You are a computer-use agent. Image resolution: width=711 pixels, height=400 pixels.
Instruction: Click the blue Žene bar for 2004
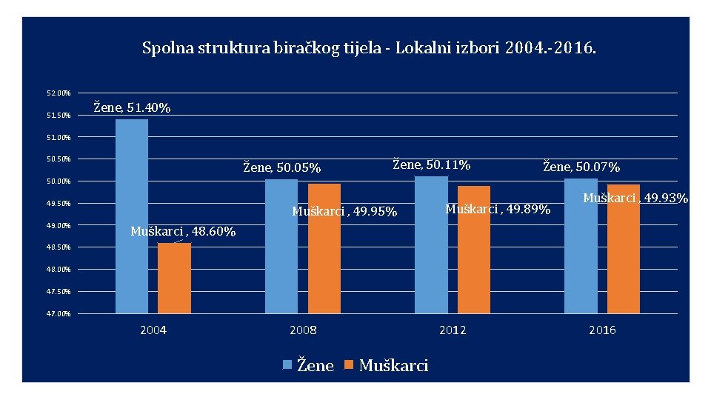click(x=132, y=216)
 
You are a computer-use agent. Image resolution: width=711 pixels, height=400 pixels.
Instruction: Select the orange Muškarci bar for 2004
click(x=174, y=278)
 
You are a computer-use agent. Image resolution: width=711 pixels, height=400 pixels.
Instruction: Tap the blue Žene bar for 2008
click(x=281, y=246)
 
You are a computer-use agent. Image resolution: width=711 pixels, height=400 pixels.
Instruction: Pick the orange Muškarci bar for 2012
click(x=474, y=250)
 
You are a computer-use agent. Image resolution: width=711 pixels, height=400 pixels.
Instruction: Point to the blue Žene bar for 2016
click(x=581, y=246)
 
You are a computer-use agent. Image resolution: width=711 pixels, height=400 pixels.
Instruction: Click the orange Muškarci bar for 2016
click(x=624, y=249)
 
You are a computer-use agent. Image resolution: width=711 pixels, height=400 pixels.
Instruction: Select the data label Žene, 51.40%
click(x=132, y=107)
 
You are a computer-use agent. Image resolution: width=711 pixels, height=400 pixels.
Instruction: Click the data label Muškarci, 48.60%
click(x=183, y=231)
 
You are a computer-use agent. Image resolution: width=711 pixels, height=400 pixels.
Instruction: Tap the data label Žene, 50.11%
click(x=431, y=164)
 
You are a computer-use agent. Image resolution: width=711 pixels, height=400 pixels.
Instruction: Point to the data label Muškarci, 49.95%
click(x=344, y=211)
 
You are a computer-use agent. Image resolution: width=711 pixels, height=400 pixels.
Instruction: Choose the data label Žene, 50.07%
click(x=581, y=167)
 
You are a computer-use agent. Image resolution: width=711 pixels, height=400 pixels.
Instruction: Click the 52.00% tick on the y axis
click(x=59, y=93)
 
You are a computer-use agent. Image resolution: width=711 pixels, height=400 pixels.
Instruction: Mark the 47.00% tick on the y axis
click(x=59, y=313)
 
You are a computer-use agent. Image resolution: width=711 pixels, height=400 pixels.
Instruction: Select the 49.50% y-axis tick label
click(x=59, y=203)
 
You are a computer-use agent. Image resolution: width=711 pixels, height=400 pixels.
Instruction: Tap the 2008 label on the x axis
click(x=303, y=330)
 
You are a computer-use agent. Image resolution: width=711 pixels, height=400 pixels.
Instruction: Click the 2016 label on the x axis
click(x=602, y=330)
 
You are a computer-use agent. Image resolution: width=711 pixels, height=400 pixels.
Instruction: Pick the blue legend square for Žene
click(x=287, y=364)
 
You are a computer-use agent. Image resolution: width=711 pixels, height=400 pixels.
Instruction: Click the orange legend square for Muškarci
click(x=349, y=364)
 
